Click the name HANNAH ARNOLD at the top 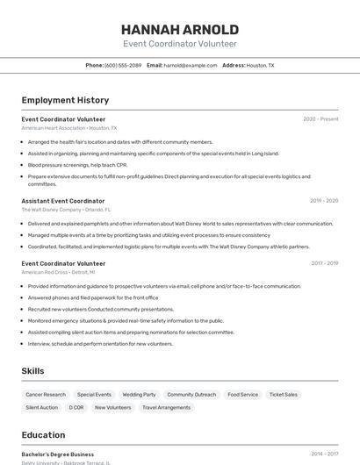click(x=180, y=30)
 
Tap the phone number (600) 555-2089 click(x=123, y=65)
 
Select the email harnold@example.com click(x=191, y=65)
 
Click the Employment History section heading click(x=65, y=100)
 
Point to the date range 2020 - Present click(x=320, y=119)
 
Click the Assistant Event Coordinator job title click(x=63, y=201)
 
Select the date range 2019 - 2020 click(x=324, y=201)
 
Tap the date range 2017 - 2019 click(x=324, y=263)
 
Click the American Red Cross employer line click(x=59, y=272)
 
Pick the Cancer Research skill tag click(x=46, y=395)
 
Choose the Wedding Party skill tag click(x=139, y=395)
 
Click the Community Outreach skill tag click(x=191, y=395)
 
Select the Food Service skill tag click(x=242, y=395)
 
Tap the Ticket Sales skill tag click(x=284, y=395)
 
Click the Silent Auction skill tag click(x=42, y=407)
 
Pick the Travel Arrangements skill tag click(x=166, y=407)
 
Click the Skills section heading click(x=32, y=371)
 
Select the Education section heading click(x=43, y=435)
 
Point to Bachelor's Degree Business click(x=58, y=454)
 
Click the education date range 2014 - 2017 click(x=324, y=454)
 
